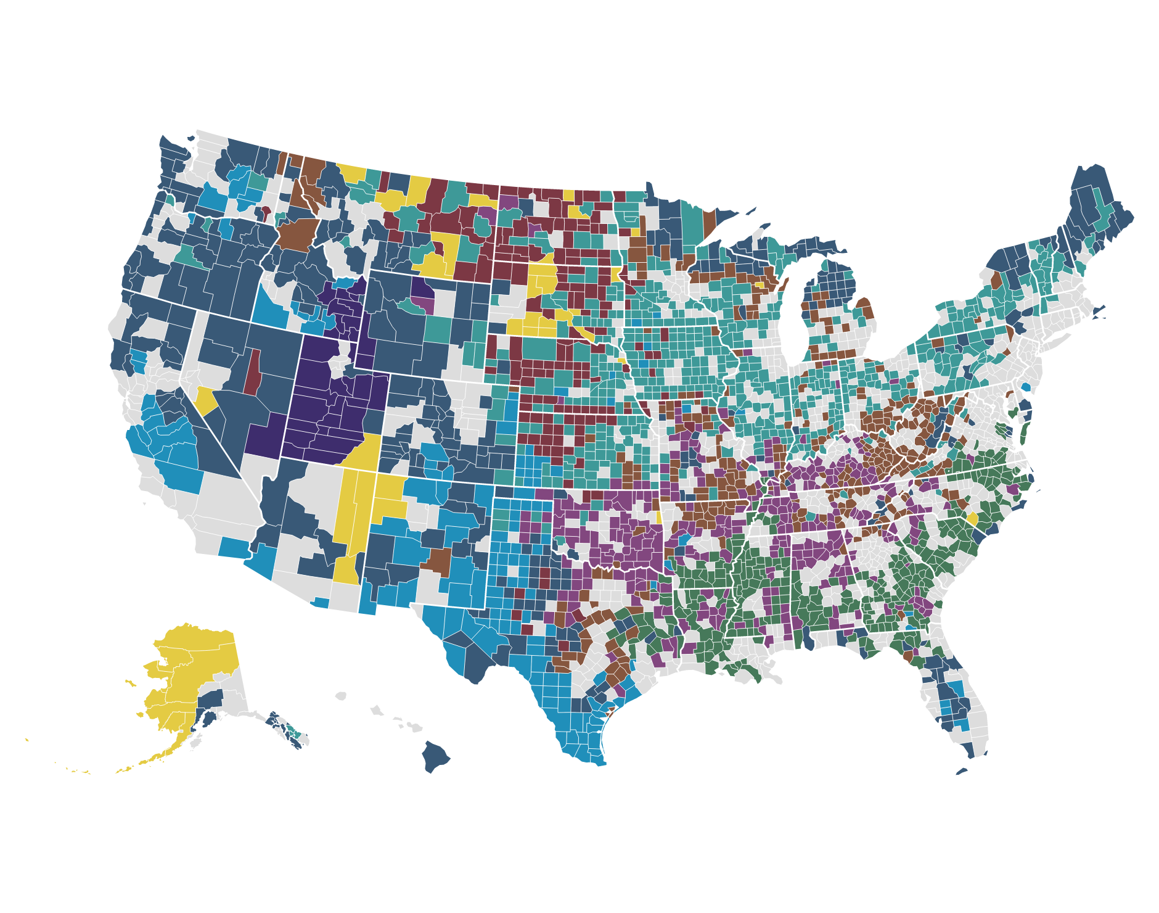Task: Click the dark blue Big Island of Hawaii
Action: [x=435, y=758]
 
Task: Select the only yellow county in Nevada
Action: [x=206, y=401]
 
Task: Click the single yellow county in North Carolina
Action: [x=972, y=519]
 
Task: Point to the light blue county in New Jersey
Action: [x=1026, y=387]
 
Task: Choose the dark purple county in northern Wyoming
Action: [x=422, y=287]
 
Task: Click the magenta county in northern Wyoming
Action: [x=424, y=304]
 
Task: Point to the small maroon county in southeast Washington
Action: [x=266, y=213]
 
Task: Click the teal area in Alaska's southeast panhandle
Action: [x=297, y=734]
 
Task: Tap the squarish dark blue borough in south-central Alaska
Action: [x=211, y=700]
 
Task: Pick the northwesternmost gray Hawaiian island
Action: [x=341, y=696]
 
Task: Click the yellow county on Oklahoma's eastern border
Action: [x=658, y=517]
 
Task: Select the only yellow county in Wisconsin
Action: [x=760, y=285]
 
